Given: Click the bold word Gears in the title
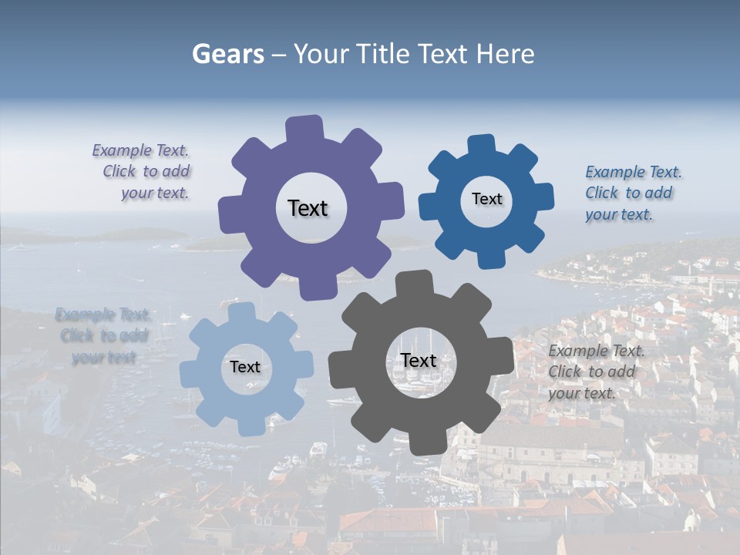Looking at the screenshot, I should (227, 54).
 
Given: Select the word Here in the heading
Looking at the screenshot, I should (505, 54).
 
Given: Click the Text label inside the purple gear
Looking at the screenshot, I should (308, 208).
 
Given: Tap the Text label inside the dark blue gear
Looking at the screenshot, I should (486, 199).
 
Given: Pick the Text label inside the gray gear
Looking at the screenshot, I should (419, 360).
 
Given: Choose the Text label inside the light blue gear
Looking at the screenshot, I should (245, 367).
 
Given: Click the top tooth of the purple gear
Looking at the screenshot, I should (304, 128).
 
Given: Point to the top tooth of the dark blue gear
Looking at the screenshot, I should (482, 145).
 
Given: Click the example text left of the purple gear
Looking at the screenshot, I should (143, 172).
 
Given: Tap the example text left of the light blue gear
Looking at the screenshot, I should (103, 336).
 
